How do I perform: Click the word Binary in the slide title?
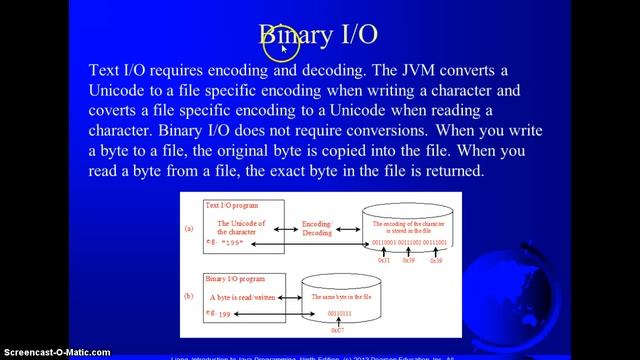click(x=295, y=35)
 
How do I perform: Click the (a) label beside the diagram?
click(x=187, y=228)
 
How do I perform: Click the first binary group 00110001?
click(x=383, y=244)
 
